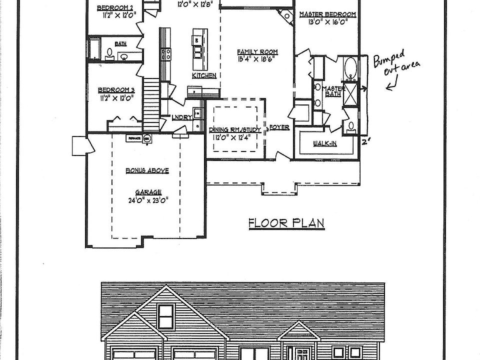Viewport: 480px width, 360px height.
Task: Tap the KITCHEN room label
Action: [204, 75]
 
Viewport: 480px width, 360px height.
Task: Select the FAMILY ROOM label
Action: [257, 51]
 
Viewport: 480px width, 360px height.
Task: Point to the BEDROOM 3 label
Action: [116, 90]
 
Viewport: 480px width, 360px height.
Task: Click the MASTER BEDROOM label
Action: [327, 14]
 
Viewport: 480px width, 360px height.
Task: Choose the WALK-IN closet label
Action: [324, 143]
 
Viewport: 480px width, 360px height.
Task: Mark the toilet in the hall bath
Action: [109, 52]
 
